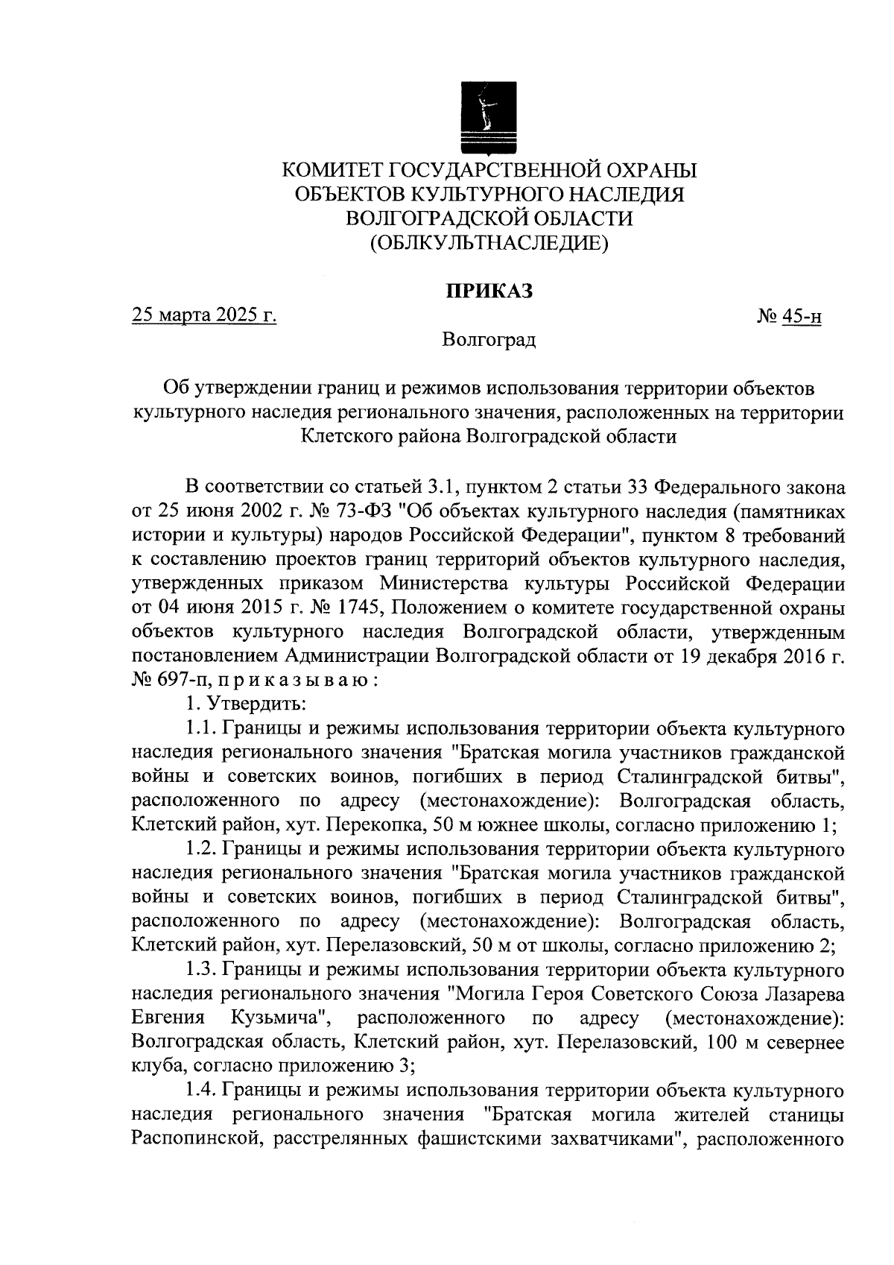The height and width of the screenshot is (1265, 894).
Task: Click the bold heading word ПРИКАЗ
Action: coord(489,291)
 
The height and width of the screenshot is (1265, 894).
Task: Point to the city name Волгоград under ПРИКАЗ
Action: coord(488,341)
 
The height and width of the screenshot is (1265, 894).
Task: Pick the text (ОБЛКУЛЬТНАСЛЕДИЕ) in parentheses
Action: coord(489,242)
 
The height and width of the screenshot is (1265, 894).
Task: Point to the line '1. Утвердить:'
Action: coord(243,704)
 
